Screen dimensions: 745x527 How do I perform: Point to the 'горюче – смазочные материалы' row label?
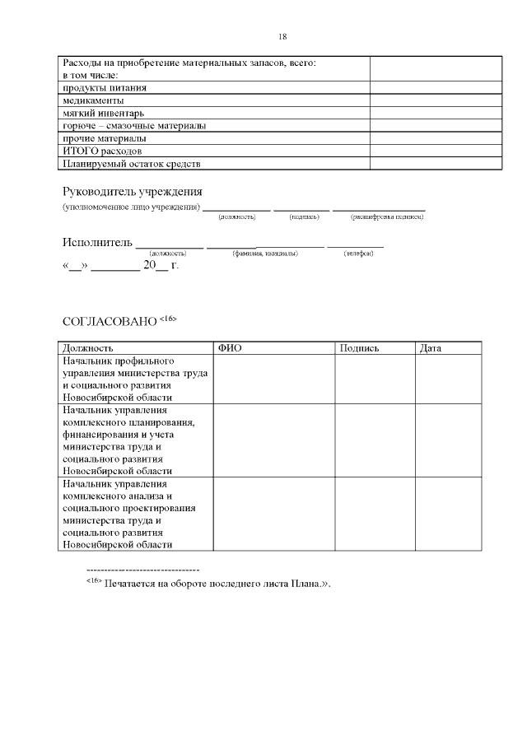(134, 126)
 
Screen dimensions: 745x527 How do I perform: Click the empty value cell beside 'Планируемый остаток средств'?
(436, 164)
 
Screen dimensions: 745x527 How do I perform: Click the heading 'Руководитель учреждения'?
(133, 192)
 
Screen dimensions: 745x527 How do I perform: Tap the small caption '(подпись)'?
(305, 217)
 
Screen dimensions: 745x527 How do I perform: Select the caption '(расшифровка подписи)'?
(387, 217)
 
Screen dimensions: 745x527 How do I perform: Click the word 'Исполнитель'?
(97, 243)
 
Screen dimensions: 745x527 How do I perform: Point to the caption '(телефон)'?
(358, 253)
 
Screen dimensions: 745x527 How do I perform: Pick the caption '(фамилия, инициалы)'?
(265, 253)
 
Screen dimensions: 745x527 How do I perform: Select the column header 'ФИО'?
(231, 348)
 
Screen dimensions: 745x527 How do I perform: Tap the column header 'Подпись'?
(359, 348)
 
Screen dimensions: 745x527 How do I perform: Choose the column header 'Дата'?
(431, 348)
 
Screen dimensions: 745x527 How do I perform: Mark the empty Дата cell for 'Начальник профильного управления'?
(448, 379)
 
